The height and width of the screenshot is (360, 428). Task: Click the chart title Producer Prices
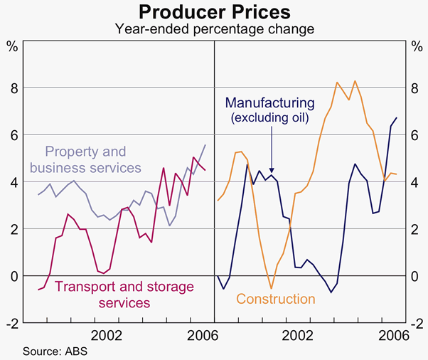[214, 12]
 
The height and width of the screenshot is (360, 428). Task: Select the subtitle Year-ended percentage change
[214, 29]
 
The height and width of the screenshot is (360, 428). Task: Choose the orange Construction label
[276, 299]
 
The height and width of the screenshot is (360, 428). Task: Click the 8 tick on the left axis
[13, 88]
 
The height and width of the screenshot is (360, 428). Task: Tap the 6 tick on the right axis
[414, 134]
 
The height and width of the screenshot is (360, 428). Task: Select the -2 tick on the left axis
[11, 322]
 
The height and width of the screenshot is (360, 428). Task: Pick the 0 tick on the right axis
[414, 275]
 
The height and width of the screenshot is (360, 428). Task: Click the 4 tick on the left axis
[13, 181]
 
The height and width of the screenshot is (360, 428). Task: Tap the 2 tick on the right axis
[414, 228]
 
